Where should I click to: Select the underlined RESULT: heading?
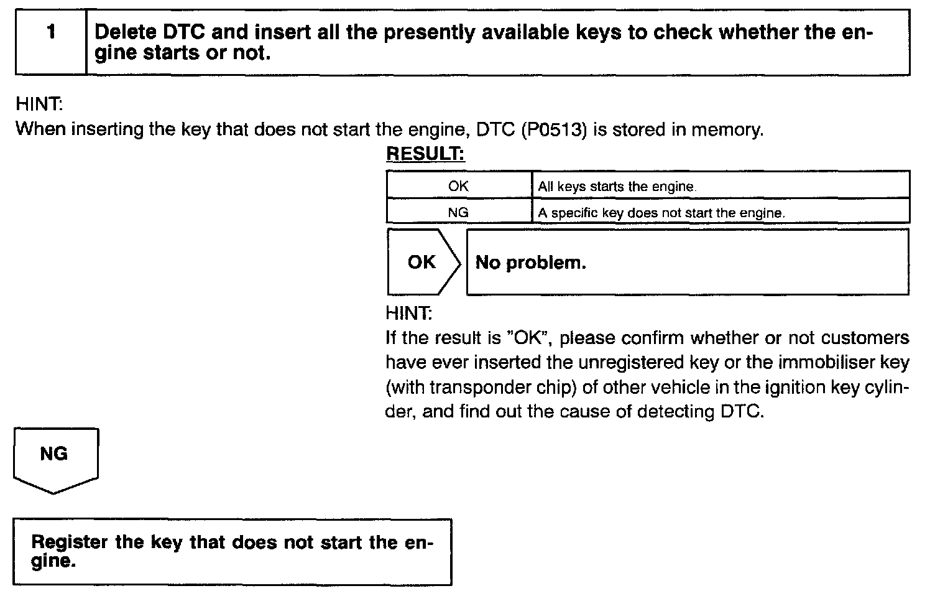click(425, 154)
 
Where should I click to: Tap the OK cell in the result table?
click(458, 186)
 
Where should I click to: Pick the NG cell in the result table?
click(458, 212)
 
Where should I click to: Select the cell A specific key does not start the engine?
click(661, 213)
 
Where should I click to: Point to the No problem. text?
click(530, 263)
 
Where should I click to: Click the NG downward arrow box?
click(54, 457)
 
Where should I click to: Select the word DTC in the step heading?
click(184, 32)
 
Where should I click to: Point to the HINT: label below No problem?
click(408, 312)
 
